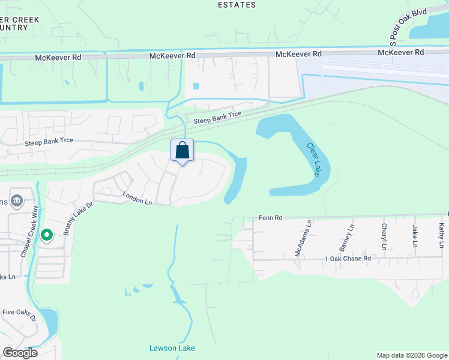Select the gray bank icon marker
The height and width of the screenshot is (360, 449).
17,200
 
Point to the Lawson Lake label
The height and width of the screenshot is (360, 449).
172,348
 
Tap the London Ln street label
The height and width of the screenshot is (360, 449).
138,198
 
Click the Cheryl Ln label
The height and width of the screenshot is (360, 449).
384,237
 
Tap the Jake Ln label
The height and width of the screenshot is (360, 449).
414,236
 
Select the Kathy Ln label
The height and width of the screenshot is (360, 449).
441,236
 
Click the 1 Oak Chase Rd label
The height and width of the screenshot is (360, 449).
348,258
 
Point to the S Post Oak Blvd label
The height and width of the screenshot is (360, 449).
400,27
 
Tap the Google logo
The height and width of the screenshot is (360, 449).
20,352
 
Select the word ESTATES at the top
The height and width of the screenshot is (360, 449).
237,5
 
